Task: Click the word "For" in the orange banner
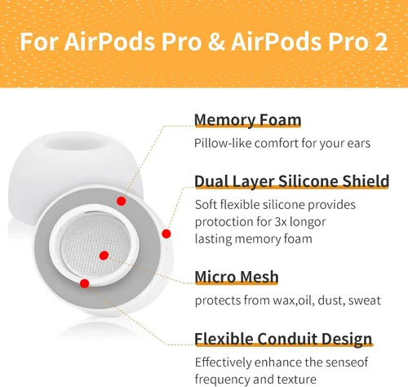point(42,42)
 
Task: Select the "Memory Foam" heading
point(247,121)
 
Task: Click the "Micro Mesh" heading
point(237,277)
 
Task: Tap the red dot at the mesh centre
point(104,256)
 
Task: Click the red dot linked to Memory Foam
point(121,200)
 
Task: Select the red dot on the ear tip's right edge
point(166,234)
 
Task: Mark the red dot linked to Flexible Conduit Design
point(84,283)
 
